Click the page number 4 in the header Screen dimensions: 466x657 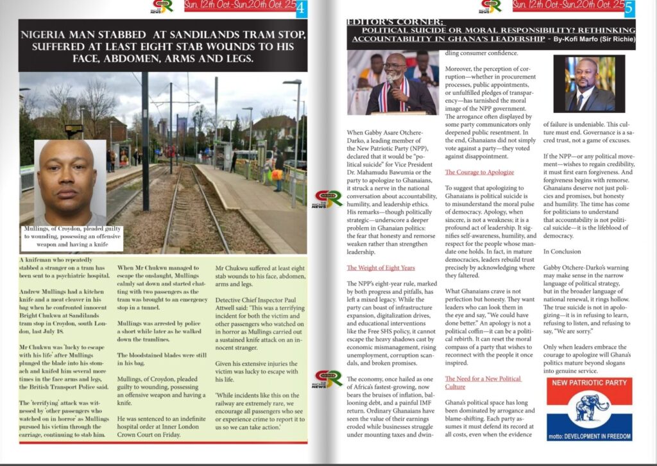click(x=300, y=8)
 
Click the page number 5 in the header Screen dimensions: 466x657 click(x=629, y=7)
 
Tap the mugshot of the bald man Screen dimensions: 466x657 click(x=67, y=182)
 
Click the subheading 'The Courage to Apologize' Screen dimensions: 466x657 click(x=479, y=173)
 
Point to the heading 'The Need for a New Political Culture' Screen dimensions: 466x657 click(x=482, y=383)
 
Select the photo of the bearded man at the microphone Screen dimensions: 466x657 click(x=393, y=83)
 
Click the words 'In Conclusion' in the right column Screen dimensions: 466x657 click(x=562, y=252)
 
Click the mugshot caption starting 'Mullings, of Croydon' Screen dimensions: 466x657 click(x=67, y=236)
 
